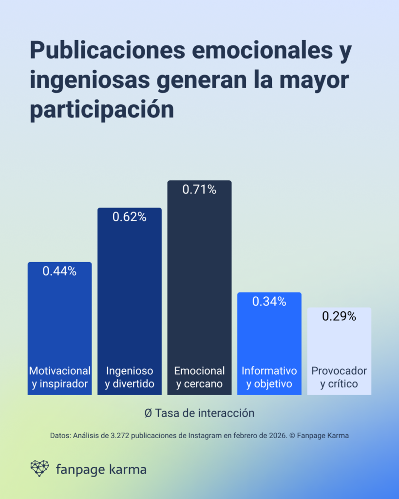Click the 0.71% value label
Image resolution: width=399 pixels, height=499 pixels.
(x=199, y=190)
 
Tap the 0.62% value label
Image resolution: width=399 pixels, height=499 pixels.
(x=130, y=217)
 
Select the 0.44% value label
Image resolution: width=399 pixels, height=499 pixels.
(x=59, y=271)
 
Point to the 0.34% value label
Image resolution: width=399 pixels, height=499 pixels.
(x=269, y=301)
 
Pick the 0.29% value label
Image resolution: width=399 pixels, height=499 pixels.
(x=339, y=316)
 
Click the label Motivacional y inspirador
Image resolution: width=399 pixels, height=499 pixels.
(x=59, y=377)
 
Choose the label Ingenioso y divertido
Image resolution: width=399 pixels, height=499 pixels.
(x=130, y=377)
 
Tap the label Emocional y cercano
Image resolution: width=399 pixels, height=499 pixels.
(x=199, y=377)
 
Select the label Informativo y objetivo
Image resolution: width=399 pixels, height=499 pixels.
(x=269, y=377)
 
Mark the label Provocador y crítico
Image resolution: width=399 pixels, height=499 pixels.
(x=339, y=377)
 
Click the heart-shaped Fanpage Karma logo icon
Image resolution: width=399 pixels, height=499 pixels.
(x=39, y=468)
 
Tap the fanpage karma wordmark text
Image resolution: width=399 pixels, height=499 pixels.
(x=101, y=470)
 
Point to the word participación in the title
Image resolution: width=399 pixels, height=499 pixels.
(x=102, y=110)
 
